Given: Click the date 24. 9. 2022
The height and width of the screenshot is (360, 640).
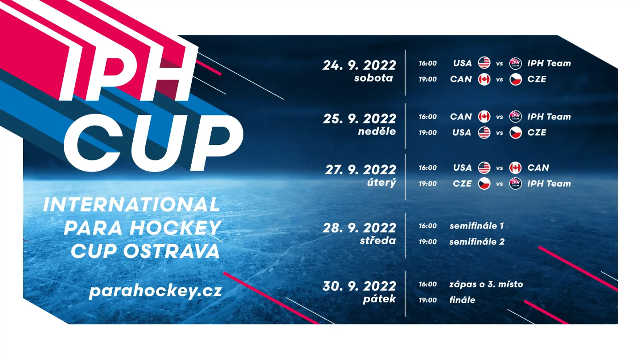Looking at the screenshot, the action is pos(359,65).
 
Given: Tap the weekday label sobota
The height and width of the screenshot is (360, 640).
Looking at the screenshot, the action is pos(374,78).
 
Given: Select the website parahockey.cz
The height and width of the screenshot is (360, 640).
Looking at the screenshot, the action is pos(156,291).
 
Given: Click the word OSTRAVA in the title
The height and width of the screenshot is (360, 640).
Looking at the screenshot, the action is pos(172,251).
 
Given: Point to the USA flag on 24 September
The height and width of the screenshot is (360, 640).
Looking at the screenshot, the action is pos(484,63).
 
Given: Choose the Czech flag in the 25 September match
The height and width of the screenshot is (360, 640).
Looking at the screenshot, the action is pos(516,133).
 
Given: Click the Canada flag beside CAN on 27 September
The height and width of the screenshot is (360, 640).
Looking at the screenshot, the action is pos(516,168).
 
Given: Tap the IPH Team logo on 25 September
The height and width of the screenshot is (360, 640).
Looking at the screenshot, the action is pos(516,117).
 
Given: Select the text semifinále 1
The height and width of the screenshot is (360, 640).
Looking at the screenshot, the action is pos(476,226).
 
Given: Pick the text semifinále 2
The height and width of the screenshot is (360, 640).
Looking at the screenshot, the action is pos(477,242).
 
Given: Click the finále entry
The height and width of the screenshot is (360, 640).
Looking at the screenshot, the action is pos(462,300).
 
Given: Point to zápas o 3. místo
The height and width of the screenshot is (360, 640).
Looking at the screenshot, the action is pos(486,284).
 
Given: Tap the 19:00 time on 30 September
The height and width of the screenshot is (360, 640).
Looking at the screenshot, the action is pos(428,300).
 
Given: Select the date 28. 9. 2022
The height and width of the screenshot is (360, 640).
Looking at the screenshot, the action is pos(359,228).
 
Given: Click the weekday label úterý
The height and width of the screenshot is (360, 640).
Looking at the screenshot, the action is pos(382,182).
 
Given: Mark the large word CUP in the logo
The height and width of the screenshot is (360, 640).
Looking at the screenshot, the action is pos(153,143).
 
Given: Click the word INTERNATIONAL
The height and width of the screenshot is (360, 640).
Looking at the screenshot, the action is pos(132,205).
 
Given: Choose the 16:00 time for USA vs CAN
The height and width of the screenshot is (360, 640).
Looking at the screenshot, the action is pos(428,168).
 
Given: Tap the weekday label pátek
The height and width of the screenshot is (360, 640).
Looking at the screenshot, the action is pos(379,299).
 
